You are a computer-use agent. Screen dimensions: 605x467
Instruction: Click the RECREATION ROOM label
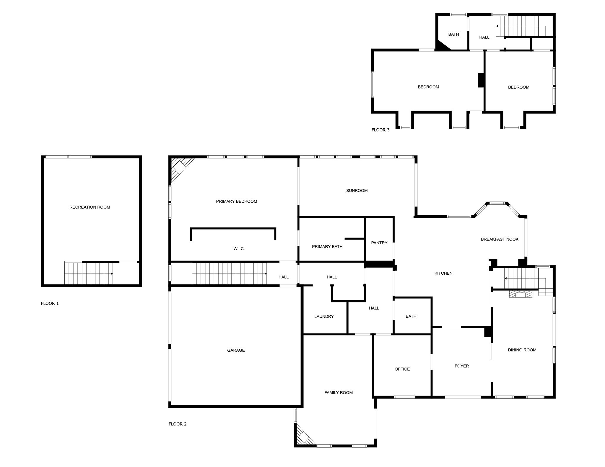[90, 207]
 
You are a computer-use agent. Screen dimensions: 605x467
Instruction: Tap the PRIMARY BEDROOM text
[237, 201]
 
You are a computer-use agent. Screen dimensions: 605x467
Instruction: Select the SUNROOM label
[357, 191]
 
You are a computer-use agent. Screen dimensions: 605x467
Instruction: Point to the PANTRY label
[379, 243]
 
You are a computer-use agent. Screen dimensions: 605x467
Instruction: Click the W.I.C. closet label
[239, 249]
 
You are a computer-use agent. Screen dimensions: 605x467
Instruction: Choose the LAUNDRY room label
[324, 317]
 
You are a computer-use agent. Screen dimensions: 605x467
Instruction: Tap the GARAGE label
[236, 350]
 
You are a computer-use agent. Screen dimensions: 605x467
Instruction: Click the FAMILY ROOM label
[339, 393]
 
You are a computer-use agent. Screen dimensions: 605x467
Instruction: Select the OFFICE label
[402, 369]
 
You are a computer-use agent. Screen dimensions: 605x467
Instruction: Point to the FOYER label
[462, 366]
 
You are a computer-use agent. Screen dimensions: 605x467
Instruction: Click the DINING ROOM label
[522, 350]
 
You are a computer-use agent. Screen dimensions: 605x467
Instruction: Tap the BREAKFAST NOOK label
[500, 239]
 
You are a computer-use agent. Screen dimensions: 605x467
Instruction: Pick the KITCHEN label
[443, 273]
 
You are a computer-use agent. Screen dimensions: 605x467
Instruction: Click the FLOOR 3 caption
[380, 130]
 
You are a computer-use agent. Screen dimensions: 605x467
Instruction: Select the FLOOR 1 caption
[50, 303]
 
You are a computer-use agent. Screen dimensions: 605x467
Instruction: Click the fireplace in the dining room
[520, 294]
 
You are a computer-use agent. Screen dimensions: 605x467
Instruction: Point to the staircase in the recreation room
[89, 273]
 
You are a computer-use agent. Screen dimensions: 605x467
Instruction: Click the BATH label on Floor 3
[453, 34]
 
